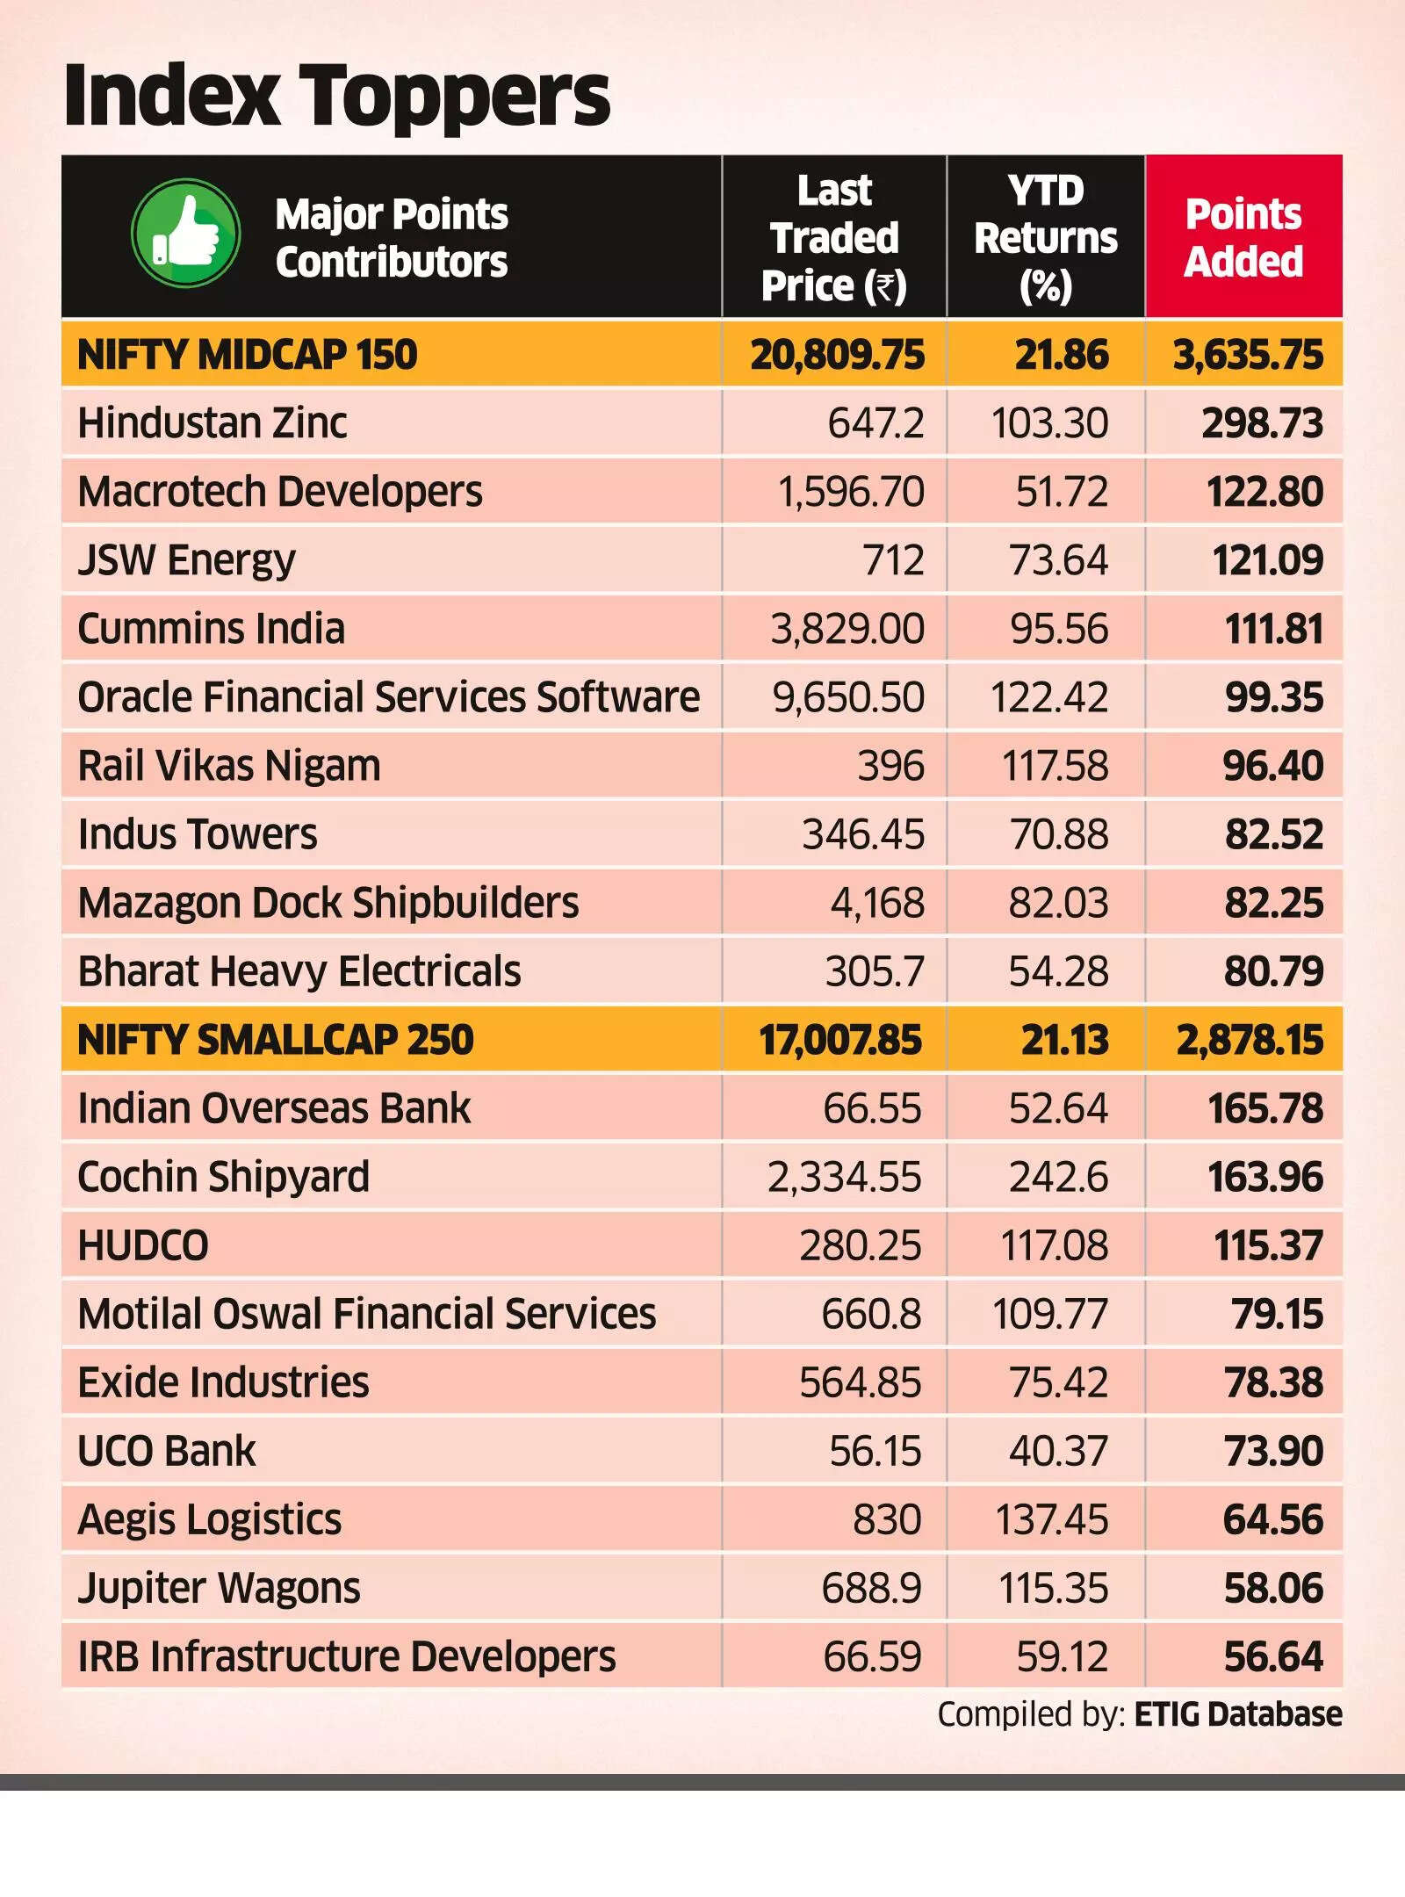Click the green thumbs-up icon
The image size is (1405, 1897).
click(x=185, y=234)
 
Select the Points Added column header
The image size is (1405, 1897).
click(x=1243, y=237)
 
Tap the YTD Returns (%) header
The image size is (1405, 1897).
click(x=1045, y=238)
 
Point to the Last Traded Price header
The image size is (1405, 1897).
click(x=834, y=238)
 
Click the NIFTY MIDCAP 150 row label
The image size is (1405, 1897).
click(x=248, y=355)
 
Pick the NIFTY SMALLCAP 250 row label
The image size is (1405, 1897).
click(x=276, y=1040)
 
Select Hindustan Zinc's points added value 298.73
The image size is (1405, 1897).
click(x=1262, y=423)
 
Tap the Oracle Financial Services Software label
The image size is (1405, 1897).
click(x=388, y=697)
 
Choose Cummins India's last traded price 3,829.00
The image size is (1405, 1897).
click(x=847, y=629)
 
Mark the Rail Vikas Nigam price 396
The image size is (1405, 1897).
click(x=890, y=766)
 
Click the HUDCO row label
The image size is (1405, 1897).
click(x=143, y=1245)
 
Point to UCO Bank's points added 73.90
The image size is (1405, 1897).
click(x=1273, y=1451)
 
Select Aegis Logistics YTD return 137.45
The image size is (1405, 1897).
click(x=1051, y=1519)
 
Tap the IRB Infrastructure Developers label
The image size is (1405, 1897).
click(x=347, y=1656)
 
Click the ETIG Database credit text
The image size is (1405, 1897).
click(x=1237, y=1713)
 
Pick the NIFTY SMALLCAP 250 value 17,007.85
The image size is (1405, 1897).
click(x=839, y=1040)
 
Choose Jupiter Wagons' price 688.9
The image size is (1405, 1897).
click(x=871, y=1588)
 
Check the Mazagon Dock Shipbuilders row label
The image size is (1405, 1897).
click(x=328, y=903)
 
